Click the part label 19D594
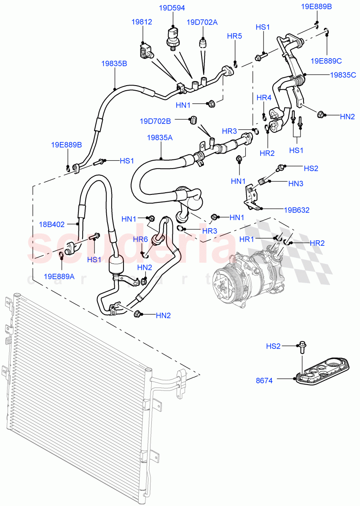[172, 8]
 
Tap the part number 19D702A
[202, 22]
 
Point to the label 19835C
[343, 75]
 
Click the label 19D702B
[156, 121]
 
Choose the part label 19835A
[160, 137]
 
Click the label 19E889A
[59, 277]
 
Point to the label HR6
[140, 239]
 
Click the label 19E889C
[326, 61]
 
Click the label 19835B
[114, 64]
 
